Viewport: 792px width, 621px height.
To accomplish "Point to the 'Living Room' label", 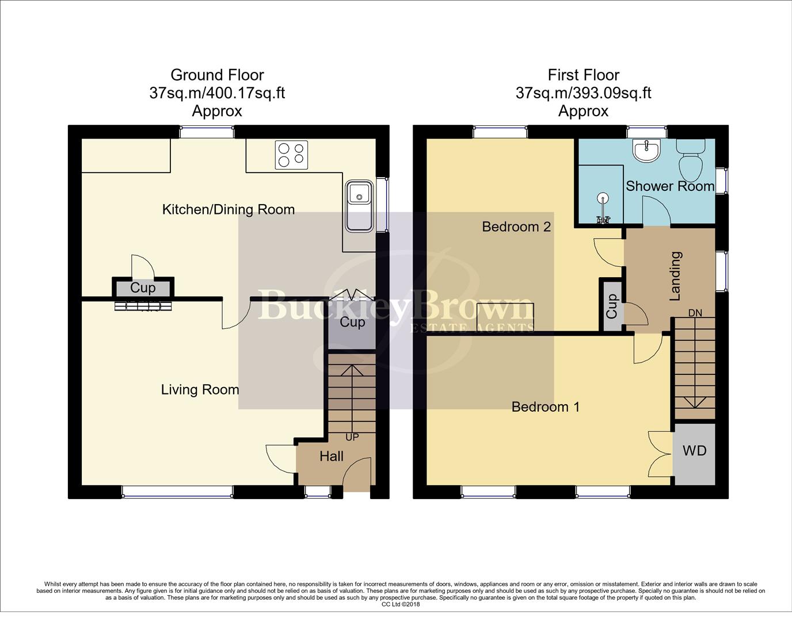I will point(200,390).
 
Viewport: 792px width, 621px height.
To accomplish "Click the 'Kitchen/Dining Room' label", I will point(229,209).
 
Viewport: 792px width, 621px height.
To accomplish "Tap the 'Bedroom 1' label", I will point(545,407).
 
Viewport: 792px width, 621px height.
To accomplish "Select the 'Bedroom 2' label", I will point(516,227).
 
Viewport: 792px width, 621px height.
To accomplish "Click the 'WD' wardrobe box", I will point(694,451).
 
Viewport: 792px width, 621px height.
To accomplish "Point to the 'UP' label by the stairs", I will point(352,437).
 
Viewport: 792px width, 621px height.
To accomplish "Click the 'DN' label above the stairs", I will point(695,313).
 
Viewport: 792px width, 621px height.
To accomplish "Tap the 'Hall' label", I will point(332,457).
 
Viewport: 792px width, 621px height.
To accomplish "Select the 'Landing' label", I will point(675,276).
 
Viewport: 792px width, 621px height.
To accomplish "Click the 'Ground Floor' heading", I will point(217,75).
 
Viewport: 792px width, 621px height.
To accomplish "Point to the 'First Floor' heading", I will point(583,75).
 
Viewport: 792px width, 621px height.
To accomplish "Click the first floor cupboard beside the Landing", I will point(611,305).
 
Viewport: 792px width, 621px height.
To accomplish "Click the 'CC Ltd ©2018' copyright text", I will point(401,604).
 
